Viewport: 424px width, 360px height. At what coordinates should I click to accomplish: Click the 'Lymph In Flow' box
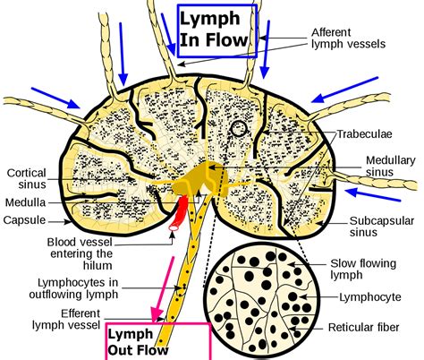point(216,29)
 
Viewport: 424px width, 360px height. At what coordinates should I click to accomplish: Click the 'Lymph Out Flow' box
point(157,340)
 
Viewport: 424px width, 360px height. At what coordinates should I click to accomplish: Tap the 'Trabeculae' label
point(364,135)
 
